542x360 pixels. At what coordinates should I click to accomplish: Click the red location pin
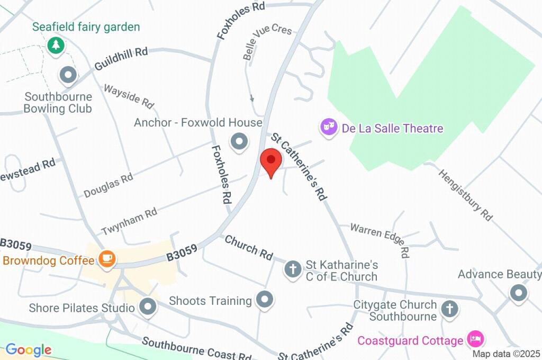tap(272, 161)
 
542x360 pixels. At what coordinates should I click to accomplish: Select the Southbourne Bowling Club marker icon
tap(68, 76)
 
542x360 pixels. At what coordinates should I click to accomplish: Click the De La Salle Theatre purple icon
tap(329, 127)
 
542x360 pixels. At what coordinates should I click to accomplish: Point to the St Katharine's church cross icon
tap(293, 269)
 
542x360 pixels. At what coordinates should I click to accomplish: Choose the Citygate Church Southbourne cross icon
tap(449, 309)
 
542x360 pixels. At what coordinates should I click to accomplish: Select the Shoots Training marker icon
tap(264, 300)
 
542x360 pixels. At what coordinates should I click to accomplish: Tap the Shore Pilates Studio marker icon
tap(147, 307)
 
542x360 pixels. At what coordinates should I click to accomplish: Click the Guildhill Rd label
tap(121, 59)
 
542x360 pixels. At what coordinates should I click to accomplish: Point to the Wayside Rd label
tap(128, 96)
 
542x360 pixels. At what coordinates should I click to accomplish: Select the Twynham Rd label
tap(129, 220)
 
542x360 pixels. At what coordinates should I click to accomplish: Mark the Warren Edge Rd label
tap(380, 237)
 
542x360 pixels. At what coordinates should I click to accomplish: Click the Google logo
tap(29, 349)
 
